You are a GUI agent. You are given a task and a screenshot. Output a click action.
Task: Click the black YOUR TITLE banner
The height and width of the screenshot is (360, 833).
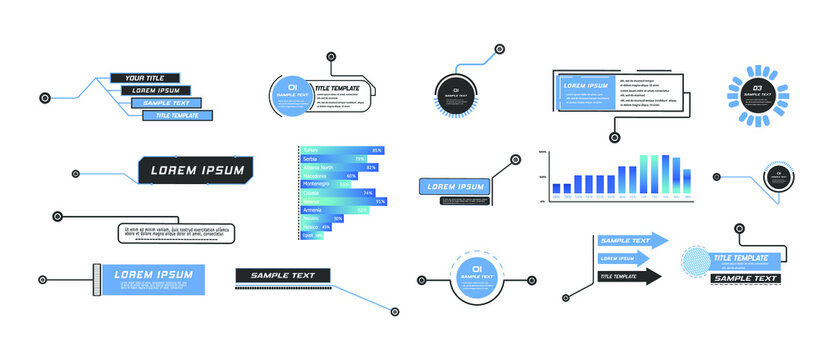(x=144, y=77)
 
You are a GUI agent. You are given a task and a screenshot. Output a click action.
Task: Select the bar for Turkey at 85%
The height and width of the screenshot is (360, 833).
(x=340, y=150)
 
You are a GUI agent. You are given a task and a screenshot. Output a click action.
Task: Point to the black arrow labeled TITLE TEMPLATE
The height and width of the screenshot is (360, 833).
(x=629, y=276)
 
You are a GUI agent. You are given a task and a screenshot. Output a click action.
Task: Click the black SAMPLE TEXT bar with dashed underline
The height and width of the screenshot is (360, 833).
(x=282, y=275)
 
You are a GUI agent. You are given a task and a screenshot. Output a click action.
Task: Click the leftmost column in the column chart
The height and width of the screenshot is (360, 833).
(x=556, y=188)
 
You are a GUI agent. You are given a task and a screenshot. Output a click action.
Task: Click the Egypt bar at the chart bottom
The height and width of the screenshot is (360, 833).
(x=311, y=235)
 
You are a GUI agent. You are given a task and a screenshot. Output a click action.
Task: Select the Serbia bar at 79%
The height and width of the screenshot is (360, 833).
(x=334, y=159)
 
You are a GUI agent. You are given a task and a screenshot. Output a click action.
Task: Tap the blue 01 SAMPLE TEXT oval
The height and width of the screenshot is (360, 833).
(x=292, y=96)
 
